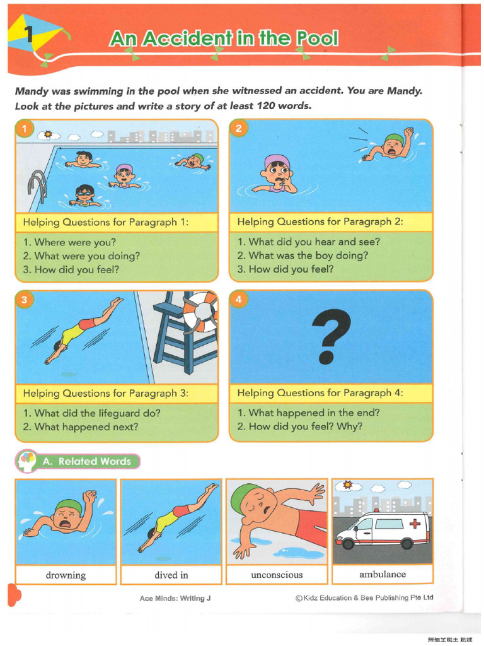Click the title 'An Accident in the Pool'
tap(224, 39)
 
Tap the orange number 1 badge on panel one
tap(24, 130)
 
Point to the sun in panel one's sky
tap(48, 134)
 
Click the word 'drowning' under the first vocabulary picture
tap(66, 575)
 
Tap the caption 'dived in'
tap(171, 575)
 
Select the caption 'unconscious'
tap(277, 575)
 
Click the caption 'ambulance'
tap(383, 574)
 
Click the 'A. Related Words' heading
tap(86, 461)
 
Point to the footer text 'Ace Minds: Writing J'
tap(175, 598)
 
